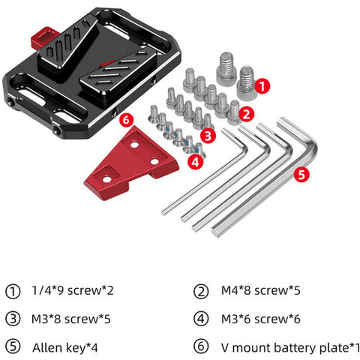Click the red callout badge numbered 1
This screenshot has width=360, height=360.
click(262, 86)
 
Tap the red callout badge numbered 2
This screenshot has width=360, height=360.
click(247, 114)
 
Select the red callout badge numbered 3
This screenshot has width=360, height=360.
click(208, 136)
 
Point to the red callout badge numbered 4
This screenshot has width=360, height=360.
click(196, 162)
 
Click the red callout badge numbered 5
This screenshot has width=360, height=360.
click(301, 174)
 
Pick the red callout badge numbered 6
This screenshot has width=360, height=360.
click(126, 120)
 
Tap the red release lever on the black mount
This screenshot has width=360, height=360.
click(44, 37)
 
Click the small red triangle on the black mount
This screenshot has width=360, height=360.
click(108, 64)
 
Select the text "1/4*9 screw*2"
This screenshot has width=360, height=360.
click(73, 290)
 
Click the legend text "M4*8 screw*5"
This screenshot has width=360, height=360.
click(260, 290)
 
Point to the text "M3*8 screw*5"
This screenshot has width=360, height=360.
click(71, 319)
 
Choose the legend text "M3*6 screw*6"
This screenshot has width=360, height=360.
click(260, 319)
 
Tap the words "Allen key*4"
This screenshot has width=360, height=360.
click(65, 348)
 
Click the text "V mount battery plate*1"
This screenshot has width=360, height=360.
click(290, 348)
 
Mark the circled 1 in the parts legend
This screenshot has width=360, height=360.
click(13, 291)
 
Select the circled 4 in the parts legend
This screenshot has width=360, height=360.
click(201, 319)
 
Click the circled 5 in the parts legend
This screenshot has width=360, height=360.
click(13, 347)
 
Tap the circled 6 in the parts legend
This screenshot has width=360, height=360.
click(201, 347)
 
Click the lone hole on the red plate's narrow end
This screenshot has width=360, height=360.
click(106, 179)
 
